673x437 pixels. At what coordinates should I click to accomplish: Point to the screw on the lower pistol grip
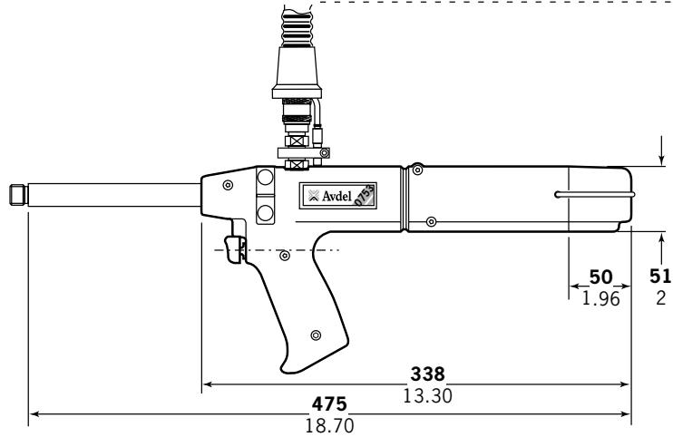click(x=315, y=335)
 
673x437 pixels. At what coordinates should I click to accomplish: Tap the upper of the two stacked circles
click(x=265, y=178)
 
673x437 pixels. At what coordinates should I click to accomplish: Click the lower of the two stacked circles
click(x=265, y=212)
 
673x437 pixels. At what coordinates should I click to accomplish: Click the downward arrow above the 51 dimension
click(x=661, y=160)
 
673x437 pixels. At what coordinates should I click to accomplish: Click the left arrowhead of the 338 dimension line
click(x=205, y=384)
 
